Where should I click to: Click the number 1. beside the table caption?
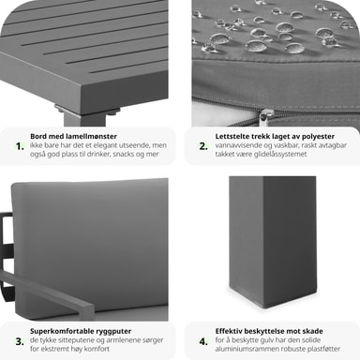[20, 146]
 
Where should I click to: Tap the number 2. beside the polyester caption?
[203, 146]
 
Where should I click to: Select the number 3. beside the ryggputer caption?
[20, 341]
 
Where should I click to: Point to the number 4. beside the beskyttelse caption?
[203, 341]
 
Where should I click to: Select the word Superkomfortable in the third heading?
[59, 331]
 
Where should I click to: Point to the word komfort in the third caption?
[97, 349]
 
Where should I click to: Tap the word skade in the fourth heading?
[313, 331]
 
